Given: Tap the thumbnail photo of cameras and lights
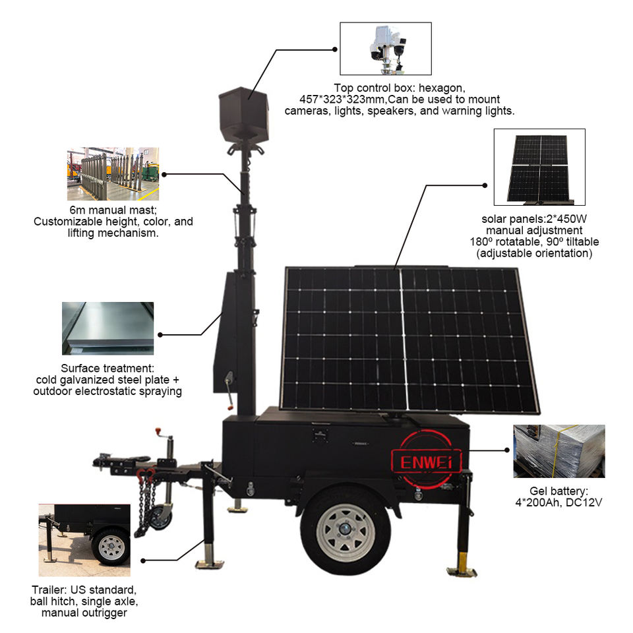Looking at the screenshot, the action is [x=385, y=48].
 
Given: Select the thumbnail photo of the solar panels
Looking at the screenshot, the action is [x=539, y=167].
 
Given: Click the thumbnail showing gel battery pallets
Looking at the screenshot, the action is [x=558, y=451].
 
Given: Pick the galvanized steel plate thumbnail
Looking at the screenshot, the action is [x=107, y=328].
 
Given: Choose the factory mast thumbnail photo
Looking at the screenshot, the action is [x=113, y=174].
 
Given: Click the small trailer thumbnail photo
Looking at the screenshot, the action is [x=84, y=533].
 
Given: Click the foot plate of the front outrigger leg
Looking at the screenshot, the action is [x=210, y=564].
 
